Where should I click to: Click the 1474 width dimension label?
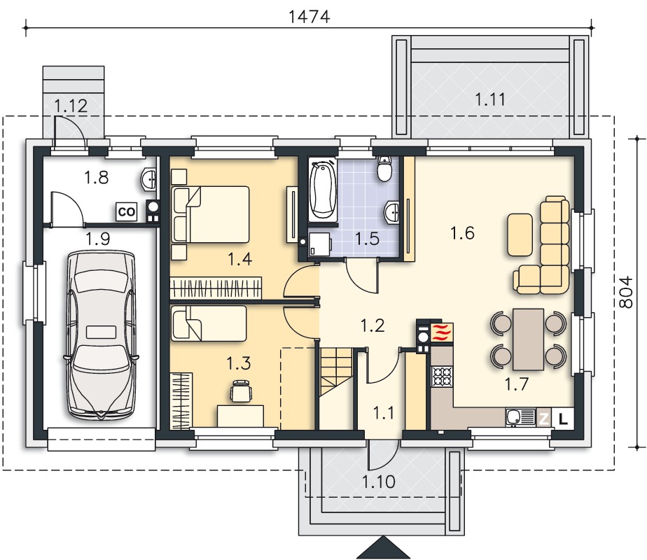click(309, 17)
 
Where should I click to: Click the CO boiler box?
click(127, 212)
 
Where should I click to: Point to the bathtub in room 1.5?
click(324, 190)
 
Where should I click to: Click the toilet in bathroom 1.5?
click(384, 168)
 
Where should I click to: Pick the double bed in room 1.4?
click(211, 214)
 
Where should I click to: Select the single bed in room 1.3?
click(209, 323)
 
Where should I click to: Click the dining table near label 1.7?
click(528, 339)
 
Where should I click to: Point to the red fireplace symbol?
click(442, 332)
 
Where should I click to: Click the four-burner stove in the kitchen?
click(442, 376)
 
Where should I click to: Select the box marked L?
click(563, 419)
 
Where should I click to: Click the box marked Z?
click(544, 419)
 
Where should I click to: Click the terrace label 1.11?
click(489, 99)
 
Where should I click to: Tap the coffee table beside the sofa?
click(520, 234)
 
